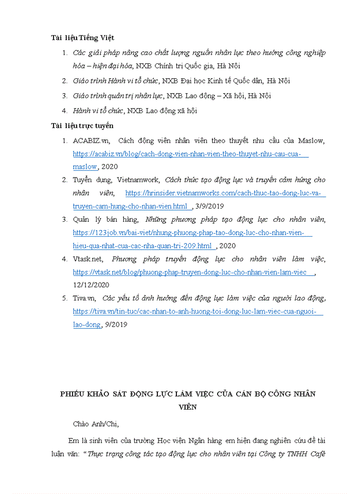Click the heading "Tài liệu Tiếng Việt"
pyautogui.click(x=83, y=38)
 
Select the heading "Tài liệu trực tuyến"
pyautogui.click(x=82, y=126)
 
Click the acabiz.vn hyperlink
pyautogui.click(x=190, y=153)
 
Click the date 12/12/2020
pyautogui.click(x=91, y=285)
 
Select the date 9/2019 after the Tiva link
pyautogui.click(x=116, y=324)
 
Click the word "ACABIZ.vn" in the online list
pyautogui.click(x=91, y=140)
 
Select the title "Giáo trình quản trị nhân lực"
pyautogui.click(x=118, y=96)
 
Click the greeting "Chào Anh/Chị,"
pyautogui.click(x=96, y=424)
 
